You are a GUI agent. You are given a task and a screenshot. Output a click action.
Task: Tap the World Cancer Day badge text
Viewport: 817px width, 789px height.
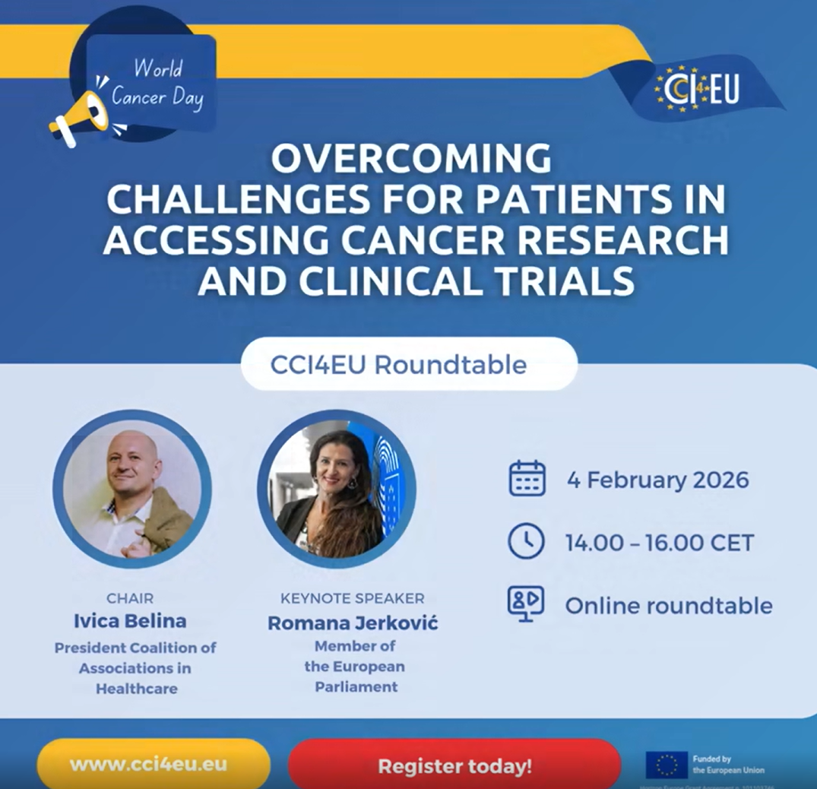coord(158,84)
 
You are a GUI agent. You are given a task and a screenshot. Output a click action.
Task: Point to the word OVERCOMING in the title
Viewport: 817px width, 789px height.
coord(411,160)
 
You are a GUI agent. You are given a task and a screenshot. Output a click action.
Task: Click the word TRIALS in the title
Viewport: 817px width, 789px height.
coord(562,280)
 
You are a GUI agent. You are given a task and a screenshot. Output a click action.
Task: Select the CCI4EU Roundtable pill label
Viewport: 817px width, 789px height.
coord(398,365)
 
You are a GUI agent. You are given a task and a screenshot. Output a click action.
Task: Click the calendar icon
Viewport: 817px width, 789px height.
coord(527,480)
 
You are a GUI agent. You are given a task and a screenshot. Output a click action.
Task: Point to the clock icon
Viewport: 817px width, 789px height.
coord(526,541)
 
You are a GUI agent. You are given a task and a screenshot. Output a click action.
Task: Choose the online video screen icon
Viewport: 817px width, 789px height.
coord(526,604)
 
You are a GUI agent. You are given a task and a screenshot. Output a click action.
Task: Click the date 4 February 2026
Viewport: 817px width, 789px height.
coord(657,480)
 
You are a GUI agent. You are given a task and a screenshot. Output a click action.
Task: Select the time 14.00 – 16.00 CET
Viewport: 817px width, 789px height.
coord(659,543)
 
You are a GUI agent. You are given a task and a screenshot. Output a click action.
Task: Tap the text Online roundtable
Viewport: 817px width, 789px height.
coord(668,606)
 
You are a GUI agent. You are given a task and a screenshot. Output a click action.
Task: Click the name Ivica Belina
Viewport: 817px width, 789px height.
coord(130,621)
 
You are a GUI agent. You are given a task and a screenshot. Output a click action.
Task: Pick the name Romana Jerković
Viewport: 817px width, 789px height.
coord(353,624)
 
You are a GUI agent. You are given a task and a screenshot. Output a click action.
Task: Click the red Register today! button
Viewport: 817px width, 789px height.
coord(454,765)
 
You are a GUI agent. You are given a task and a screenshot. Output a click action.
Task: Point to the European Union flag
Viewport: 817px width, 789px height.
coord(666,765)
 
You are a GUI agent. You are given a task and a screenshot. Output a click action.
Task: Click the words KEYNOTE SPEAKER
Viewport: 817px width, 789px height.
coord(353,598)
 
